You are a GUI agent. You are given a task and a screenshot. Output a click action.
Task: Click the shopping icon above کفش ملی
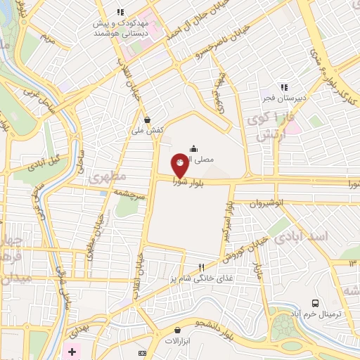[147, 119]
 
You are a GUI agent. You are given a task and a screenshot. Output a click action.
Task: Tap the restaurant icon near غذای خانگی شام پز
[202, 267]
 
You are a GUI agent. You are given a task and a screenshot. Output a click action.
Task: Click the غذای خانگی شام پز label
[197, 279]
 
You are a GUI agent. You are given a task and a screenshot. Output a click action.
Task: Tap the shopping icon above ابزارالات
[176, 329]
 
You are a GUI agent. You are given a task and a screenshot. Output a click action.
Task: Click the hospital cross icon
[73, 351]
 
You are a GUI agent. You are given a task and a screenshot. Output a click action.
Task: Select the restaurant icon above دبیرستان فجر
[283, 87]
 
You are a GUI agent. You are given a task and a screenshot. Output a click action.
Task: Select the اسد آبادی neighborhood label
[308, 236]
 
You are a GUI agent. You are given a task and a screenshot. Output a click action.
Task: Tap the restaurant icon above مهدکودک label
[120, 12]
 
